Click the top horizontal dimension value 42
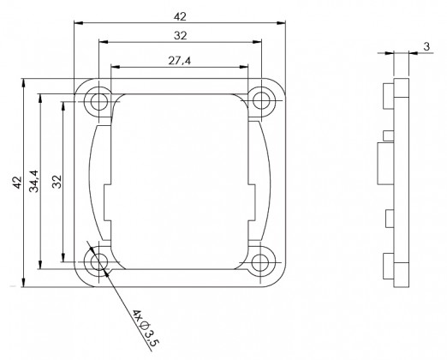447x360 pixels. (x=180, y=17)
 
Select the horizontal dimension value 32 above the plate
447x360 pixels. (x=180, y=36)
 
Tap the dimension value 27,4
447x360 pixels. (x=179, y=61)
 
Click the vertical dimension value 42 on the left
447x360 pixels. (x=17, y=183)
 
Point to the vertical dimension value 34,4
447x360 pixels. (x=34, y=181)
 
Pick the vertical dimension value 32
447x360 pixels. (x=57, y=182)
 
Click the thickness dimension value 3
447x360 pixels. (x=426, y=46)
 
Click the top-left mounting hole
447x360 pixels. (x=99, y=101)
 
